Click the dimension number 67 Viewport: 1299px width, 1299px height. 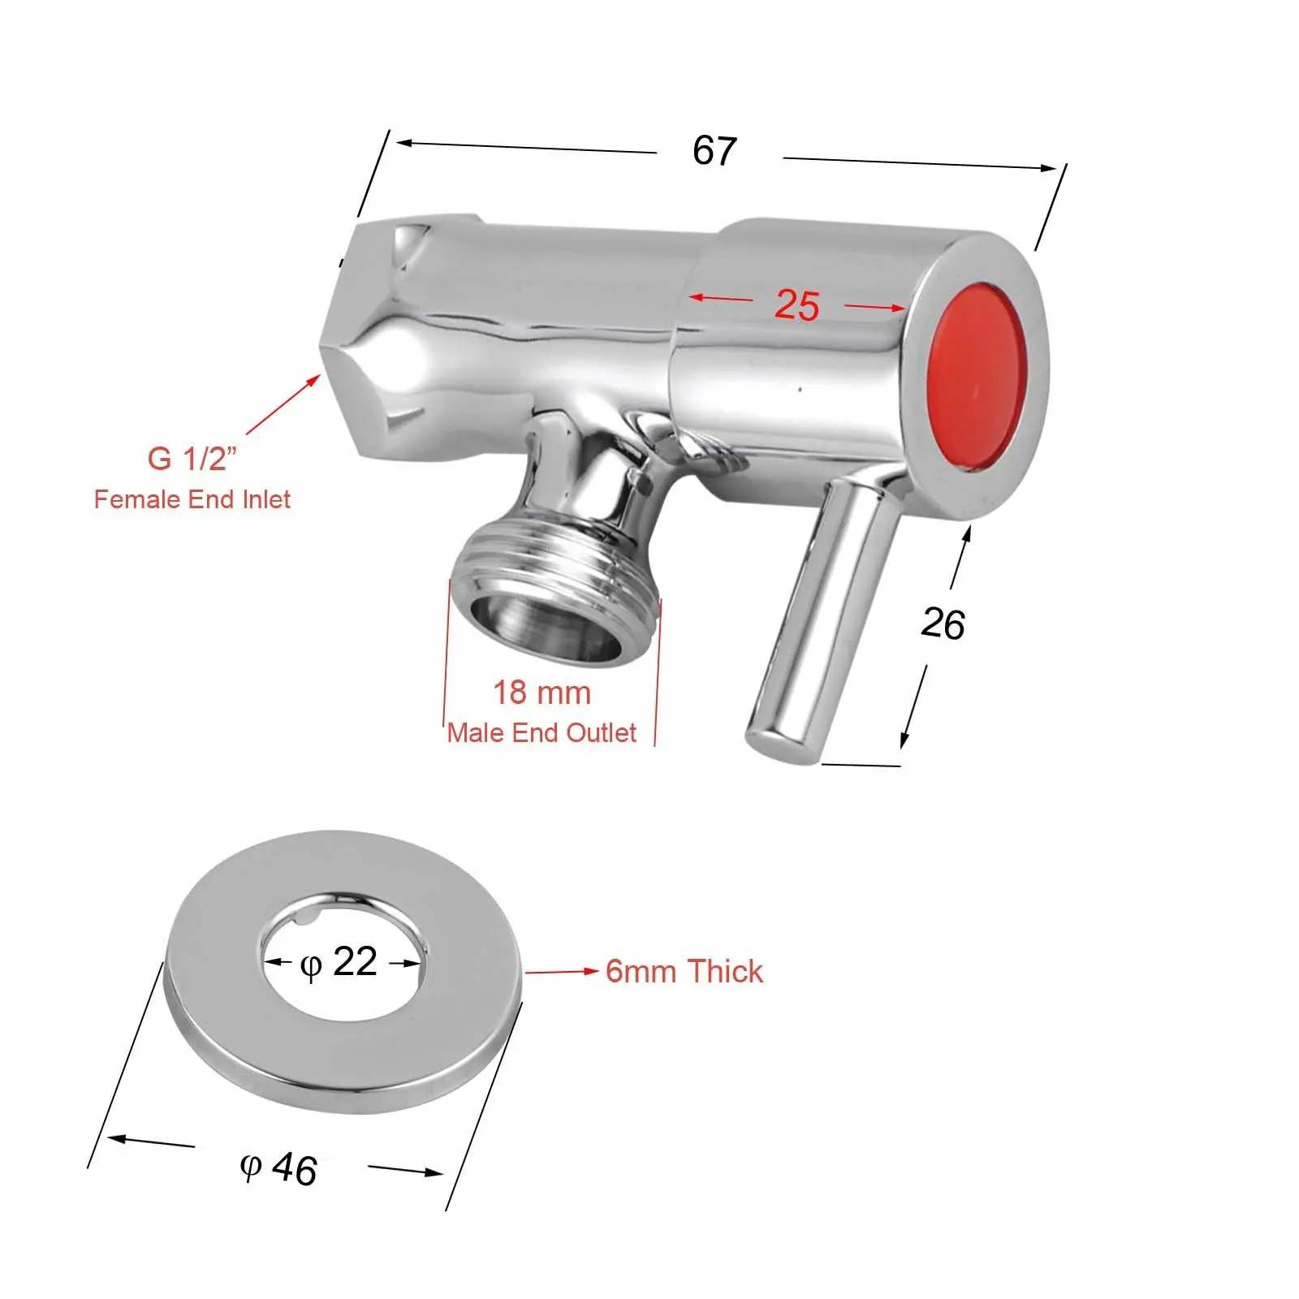click(714, 151)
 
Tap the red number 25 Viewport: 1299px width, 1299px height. click(796, 305)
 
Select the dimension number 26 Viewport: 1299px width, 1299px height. click(943, 624)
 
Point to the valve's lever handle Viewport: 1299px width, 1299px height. click(820, 617)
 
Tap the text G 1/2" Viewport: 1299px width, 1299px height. click(192, 459)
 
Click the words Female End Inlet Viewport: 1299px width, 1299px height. click(192, 499)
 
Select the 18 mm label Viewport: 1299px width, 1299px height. click(542, 693)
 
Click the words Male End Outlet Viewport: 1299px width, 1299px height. click(542, 733)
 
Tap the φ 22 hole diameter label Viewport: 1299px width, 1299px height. click(339, 962)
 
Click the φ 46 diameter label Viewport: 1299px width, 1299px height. click(278, 1169)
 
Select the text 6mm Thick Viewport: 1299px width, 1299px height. click(684, 971)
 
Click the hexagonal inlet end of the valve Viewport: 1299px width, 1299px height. click(357, 341)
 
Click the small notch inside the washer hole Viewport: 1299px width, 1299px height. click(304, 917)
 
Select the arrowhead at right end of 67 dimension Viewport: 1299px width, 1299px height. click(1048, 168)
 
